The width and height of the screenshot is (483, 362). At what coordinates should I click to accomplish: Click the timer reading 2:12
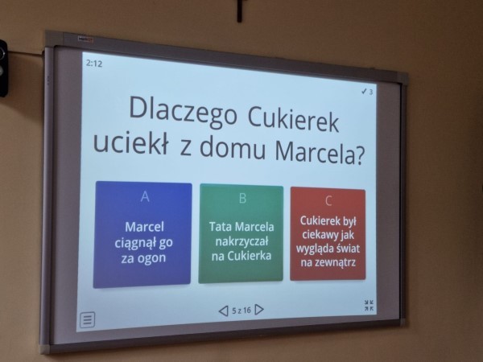(94, 64)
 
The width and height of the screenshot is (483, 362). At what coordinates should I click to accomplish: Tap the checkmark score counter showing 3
(367, 92)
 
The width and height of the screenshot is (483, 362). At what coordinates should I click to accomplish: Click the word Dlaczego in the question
(183, 111)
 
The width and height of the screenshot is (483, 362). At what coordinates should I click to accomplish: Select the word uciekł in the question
(131, 142)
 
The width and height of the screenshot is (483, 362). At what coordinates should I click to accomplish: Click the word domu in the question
(233, 148)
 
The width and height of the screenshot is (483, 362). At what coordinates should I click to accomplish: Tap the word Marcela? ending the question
(320, 152)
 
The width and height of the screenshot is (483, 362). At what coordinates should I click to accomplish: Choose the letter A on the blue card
(145, 196)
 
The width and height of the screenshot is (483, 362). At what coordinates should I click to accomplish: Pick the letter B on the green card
(242, 198)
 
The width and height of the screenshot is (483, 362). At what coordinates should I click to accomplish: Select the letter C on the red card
(328, 200)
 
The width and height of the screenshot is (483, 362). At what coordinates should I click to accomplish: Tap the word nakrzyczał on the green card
(242, 241)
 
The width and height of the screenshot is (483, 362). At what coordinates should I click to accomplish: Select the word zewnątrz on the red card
(336, 262)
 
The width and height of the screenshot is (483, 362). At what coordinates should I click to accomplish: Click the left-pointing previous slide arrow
(223, 311)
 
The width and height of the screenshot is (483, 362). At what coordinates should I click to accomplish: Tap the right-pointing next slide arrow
(259, 310)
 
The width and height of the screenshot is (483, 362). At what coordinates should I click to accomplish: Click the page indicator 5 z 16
(242, 311)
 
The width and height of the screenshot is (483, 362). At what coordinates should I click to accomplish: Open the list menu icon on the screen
(88, 320)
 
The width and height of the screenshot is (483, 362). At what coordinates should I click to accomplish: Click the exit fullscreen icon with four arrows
(369, 305)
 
